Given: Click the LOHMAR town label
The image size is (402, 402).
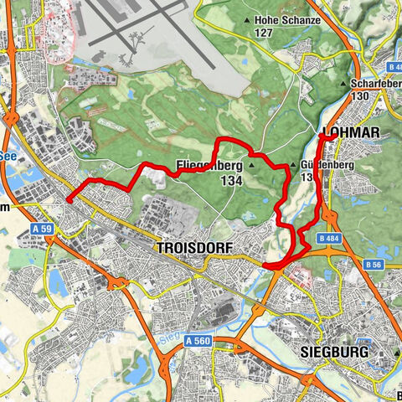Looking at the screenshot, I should [x=351, y=133].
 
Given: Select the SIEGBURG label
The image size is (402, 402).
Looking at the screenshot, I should [x=332, y=353].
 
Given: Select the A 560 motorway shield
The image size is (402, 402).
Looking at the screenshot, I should [x=198, y=341].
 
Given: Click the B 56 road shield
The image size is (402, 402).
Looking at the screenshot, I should [x=375, y=265].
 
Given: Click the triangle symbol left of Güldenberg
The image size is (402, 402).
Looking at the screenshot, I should [x=292, y=166].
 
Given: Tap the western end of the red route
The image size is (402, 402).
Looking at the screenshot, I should [x=67, y=199].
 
